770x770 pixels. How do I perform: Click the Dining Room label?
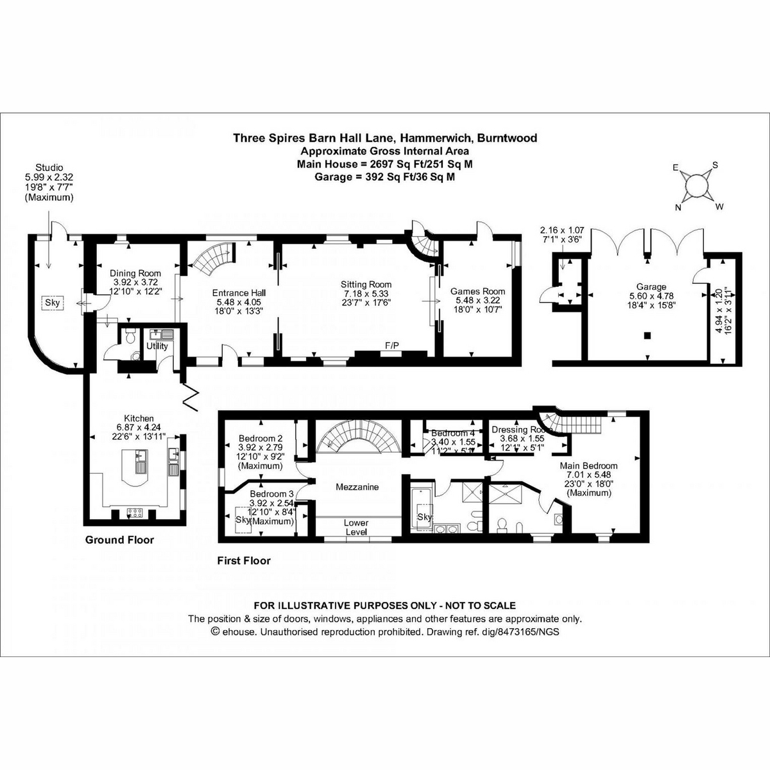pos(135,273)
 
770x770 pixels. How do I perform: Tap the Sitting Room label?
pos(366,284)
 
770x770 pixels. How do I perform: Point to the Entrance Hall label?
pos(239,293)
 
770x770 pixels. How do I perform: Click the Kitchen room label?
pos(135,418)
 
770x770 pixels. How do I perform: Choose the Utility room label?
pos(157,346)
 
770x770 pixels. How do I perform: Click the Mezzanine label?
pos(357,487)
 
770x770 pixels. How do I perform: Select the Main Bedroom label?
pos(588,466)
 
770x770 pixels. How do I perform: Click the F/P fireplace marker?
pos(391,345)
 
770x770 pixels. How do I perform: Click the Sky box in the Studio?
pos(51,302)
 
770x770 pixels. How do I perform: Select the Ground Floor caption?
pos(119,540)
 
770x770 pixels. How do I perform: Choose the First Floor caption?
pos(244,561)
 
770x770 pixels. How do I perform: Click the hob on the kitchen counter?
pos(135,511)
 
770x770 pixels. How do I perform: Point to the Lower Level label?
pos(355,527)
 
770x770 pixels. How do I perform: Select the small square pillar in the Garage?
pos(647,335)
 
